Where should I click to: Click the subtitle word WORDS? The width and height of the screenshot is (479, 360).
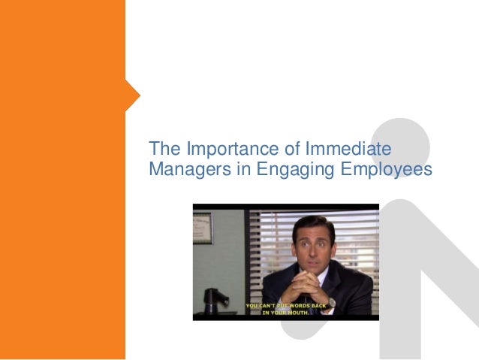(x=297, y=307)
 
